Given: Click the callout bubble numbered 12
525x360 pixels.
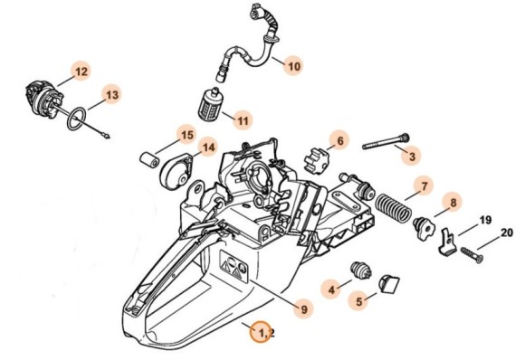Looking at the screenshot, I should (x=81, y=71).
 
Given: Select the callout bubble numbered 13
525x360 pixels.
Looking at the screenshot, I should (x=110, y=94).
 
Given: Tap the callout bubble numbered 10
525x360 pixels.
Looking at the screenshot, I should (x=292, y=66).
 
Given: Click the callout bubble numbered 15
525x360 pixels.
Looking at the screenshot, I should (x=186, y=136).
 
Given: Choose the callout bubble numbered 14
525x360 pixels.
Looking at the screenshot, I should (x=207, y=147).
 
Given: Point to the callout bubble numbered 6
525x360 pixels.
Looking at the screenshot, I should (x=339, y=140).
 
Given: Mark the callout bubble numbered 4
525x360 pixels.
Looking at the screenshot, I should (x=332, y=289).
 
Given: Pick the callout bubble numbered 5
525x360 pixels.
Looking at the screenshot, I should (x=359, y=302).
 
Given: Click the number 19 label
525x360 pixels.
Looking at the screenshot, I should (x=484, y=220).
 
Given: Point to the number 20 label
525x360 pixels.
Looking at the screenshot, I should (x=506, y=232).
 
